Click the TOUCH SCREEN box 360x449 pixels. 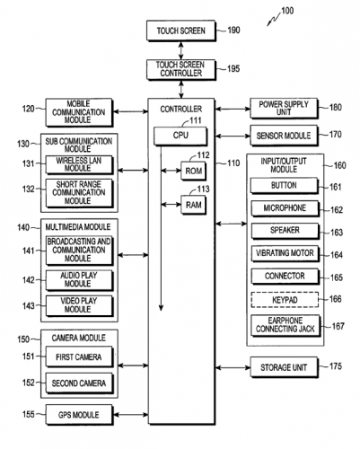point(181,31)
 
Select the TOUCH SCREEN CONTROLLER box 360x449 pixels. point(181,69)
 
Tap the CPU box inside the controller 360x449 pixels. point(180,136)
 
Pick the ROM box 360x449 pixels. point(194,171)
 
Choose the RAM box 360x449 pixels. point(194,205)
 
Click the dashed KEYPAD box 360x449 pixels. point(285,300)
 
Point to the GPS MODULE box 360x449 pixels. point(79,415)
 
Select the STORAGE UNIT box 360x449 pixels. point(284,367)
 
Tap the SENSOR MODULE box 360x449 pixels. point(284,136)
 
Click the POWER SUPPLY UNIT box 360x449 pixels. point(284,108)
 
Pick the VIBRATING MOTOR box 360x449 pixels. point(285,254)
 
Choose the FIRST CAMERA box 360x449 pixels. point(79,357)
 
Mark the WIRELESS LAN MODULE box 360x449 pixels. point(79,164)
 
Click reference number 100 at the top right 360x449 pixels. point(287,11)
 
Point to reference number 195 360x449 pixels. point(233,68)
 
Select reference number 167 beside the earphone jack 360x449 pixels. point(338,326)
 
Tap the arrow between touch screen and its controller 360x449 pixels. point(181,50)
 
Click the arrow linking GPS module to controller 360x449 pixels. point(131,415)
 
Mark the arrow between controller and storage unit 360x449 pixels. point(233,367)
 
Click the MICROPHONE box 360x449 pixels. point(285,208)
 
